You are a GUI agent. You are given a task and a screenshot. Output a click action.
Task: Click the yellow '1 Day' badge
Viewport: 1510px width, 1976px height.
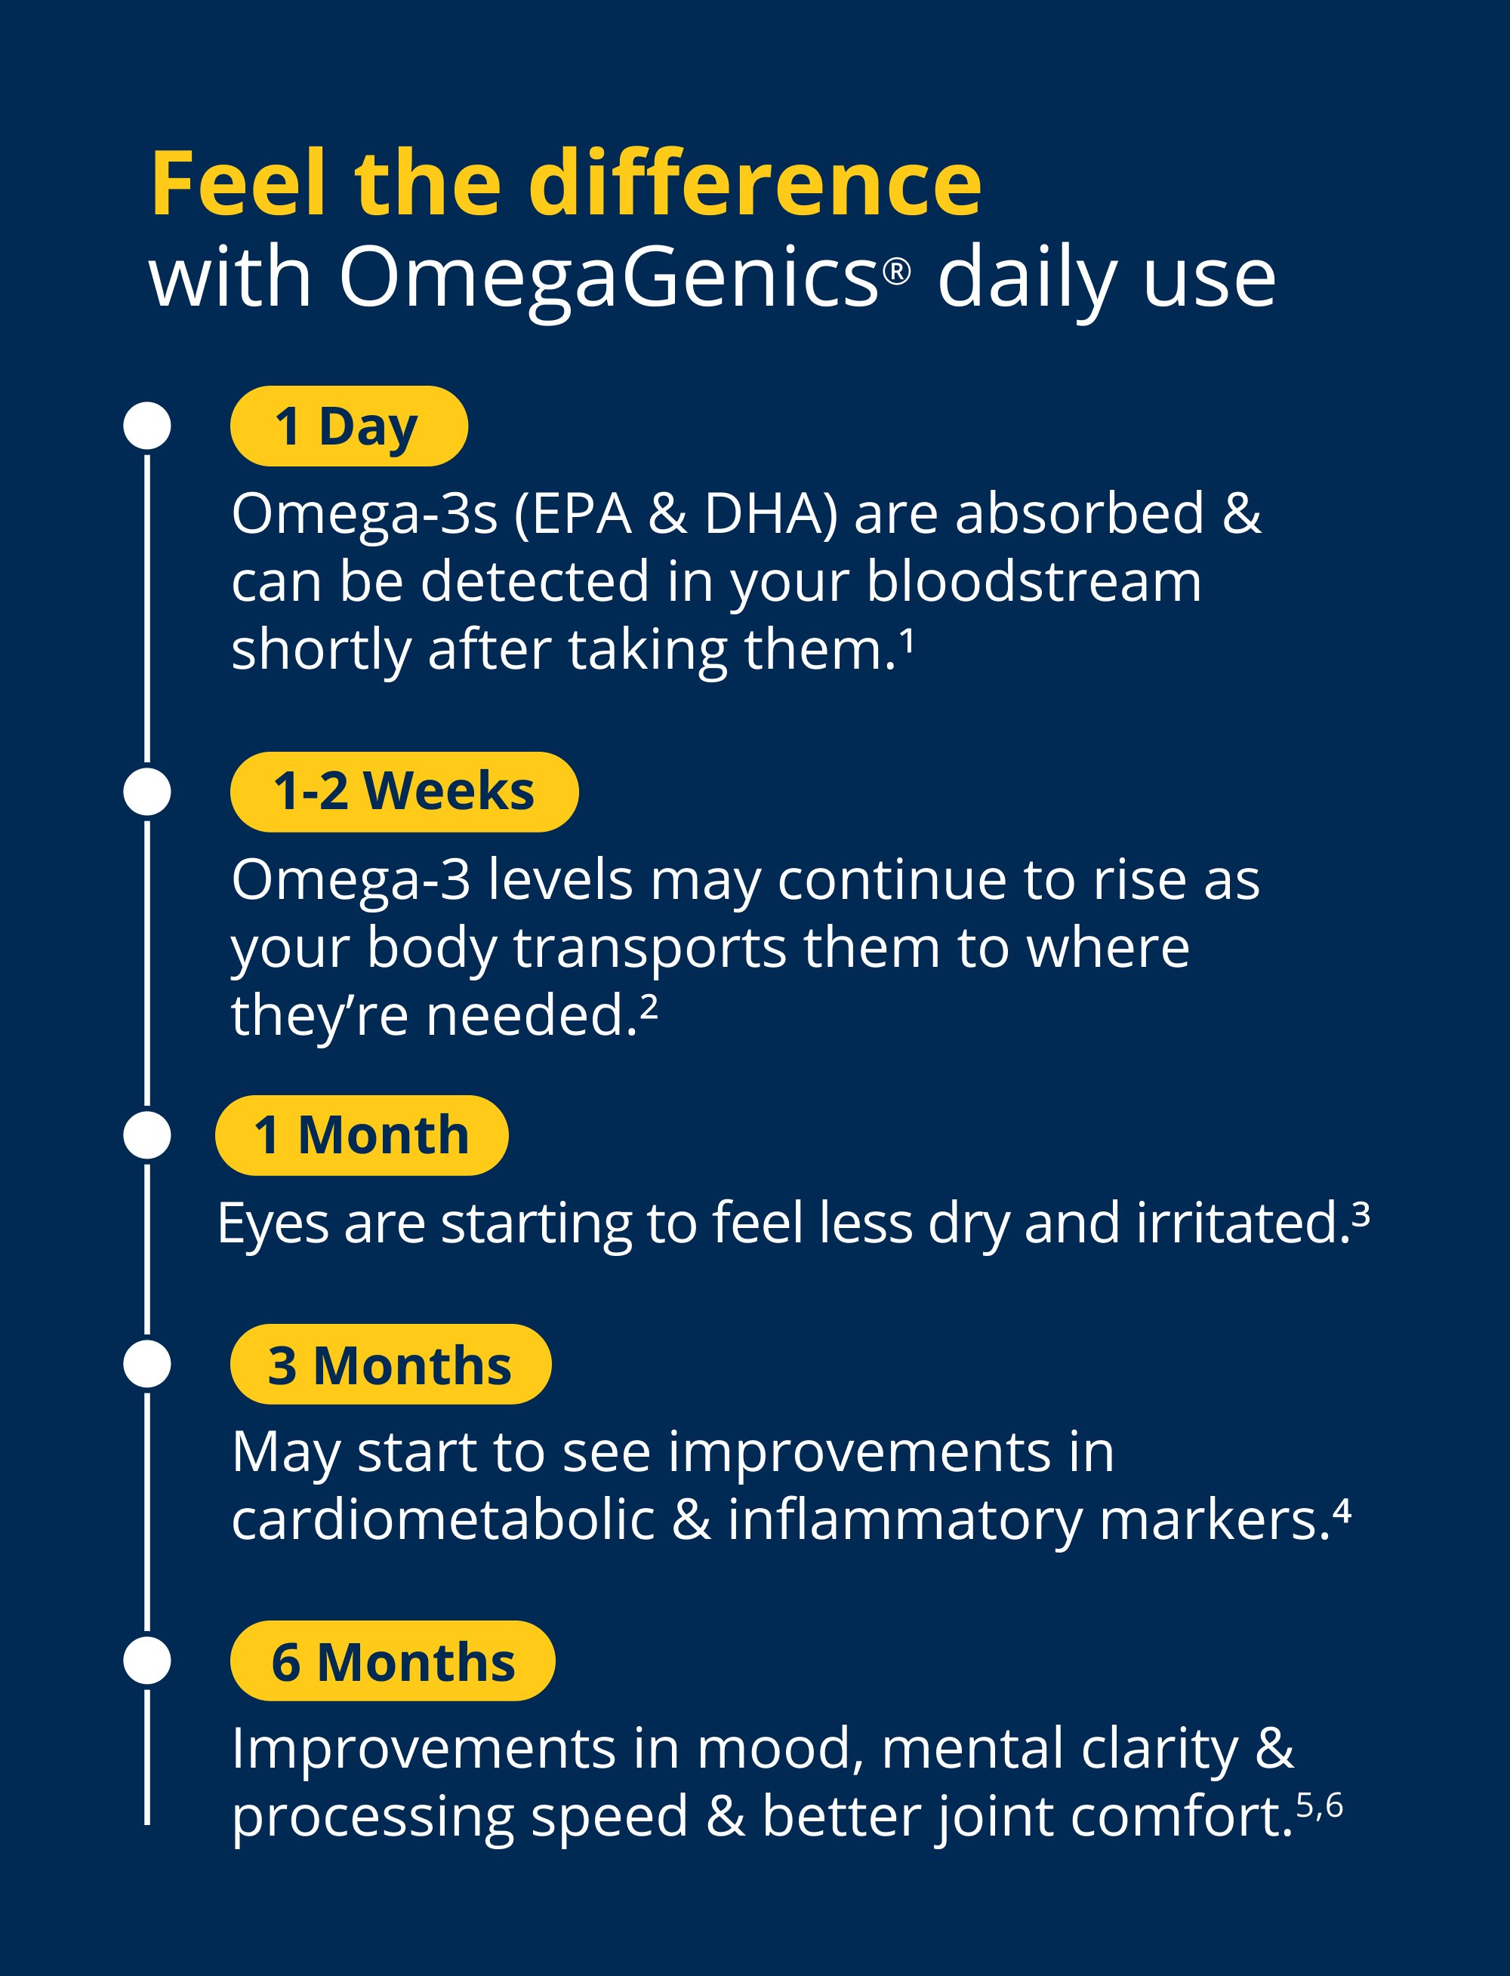coord(349,426)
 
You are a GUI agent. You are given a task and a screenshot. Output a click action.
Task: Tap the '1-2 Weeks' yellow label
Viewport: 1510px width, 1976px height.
coord(404,792)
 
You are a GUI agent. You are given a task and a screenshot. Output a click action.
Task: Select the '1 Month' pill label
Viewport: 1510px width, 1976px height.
coord(362,1135)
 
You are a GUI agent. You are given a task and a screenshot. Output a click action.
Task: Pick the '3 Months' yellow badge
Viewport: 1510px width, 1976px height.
coord(390,1364)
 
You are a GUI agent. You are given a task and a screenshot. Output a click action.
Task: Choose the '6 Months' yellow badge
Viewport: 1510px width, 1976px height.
coord(393,1661)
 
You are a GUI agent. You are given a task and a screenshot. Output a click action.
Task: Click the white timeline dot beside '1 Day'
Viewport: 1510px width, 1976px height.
coord(147,425)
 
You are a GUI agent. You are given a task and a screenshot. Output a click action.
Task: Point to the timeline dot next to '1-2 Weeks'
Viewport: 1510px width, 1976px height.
coord(147,792)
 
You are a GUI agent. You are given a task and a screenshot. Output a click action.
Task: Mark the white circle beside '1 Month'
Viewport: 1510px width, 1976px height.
coord(147,1135)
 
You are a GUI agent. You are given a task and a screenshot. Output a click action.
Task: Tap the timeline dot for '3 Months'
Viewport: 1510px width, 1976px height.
coord(147,1364)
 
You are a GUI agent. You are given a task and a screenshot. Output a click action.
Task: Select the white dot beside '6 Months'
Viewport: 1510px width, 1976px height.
coord(147,1661)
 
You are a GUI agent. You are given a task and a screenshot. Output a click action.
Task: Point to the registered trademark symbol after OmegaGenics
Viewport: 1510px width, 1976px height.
coord(896,269)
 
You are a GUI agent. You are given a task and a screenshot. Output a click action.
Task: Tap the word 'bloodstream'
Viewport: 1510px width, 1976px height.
coord(1034,581)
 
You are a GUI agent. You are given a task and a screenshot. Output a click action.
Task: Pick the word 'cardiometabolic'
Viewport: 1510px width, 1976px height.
coord(444,1519)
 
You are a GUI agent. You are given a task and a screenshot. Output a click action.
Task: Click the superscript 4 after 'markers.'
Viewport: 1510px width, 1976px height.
coord(1342,1510)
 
